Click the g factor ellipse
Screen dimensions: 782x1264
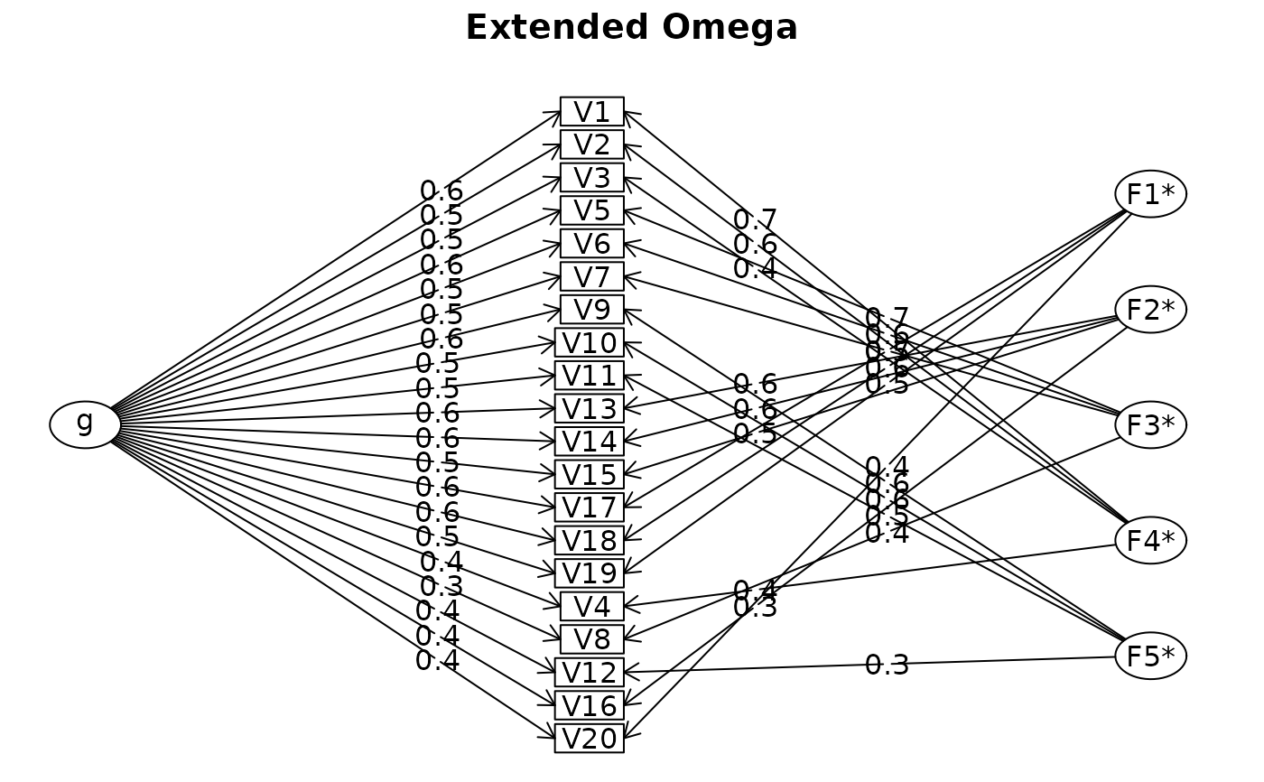[85, 424]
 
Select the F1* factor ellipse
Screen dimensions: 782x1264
[1150, 194]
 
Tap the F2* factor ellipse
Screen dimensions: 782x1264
[1150, 310]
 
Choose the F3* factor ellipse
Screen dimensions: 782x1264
[1150, 425]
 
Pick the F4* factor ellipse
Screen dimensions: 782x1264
[1150, 540]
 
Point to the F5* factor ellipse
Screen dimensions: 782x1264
[1150, 656]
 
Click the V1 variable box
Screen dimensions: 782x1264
[591, 112]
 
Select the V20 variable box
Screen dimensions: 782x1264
[589, 739]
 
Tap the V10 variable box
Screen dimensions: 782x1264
[589, 343]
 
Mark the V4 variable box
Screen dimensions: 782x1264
[591, 607]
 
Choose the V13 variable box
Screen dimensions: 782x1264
[589, 409]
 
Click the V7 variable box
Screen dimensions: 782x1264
[591, 277]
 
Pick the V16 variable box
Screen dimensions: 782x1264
[589, 705]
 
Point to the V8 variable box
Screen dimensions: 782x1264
[591, 639]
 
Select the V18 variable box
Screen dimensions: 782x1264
[589, 541]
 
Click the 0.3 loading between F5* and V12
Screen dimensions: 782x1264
[887, 666]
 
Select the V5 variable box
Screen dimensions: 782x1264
[591, 211]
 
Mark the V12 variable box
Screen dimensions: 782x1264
[589, 673]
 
